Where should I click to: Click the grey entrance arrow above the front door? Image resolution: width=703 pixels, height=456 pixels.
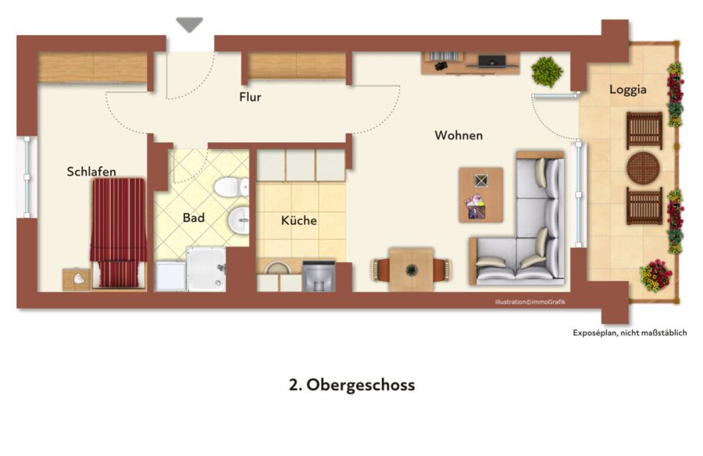(189, 25)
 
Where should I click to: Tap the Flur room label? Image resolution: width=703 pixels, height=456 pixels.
(250, 97)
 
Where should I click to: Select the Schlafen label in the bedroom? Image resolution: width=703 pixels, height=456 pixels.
(91, 171)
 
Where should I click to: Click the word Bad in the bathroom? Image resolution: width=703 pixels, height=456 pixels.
(194, 218)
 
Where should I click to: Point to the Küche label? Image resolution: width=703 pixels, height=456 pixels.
(299, 220)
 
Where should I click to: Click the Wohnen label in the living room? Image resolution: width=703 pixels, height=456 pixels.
(459, 135)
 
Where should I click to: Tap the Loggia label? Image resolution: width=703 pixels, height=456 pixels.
(628, 90)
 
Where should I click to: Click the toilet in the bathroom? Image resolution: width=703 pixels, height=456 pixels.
(231, 187)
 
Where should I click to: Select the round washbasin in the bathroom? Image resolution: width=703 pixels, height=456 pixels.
(238, 220)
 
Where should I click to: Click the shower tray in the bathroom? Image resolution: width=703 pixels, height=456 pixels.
(206, 269)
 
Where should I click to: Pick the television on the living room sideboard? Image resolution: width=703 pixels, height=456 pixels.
(492, 62)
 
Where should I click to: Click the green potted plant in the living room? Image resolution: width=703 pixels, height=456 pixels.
(547, 72)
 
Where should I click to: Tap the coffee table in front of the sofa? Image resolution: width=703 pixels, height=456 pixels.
(480, 195)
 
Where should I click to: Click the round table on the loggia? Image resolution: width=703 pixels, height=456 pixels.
(644, 168)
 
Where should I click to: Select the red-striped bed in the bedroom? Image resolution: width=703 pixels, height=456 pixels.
(119, 233)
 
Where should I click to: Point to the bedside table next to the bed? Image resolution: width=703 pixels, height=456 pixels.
(77, 280)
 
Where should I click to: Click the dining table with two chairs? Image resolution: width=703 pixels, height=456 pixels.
(411, 269)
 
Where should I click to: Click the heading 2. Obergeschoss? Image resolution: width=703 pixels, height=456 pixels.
(352, 385)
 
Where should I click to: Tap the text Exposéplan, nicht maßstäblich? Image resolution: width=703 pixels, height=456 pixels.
(630, 333)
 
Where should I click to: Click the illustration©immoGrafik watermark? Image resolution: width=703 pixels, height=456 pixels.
(530, 302)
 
